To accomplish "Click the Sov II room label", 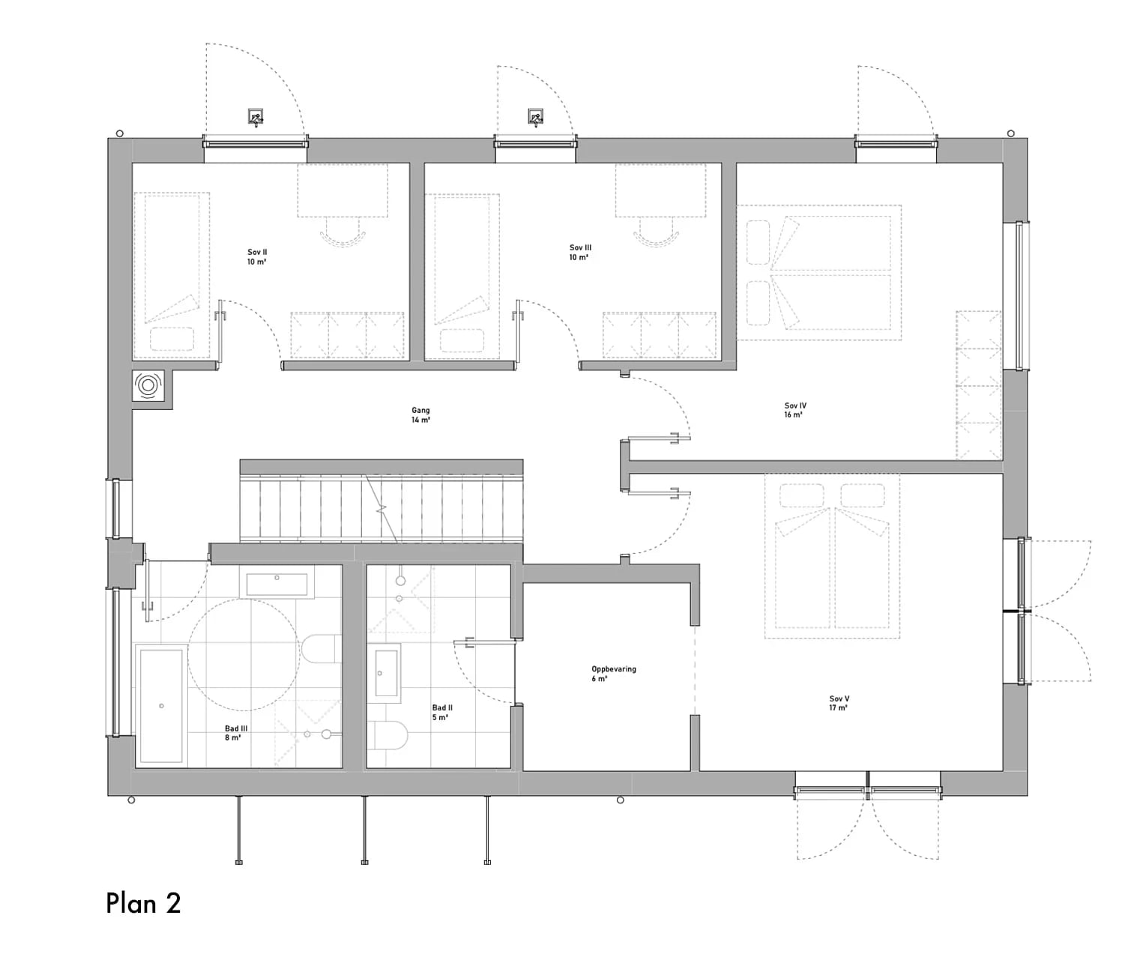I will pos(257,257).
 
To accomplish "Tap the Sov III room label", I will pos(580,253).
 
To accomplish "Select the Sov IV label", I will pos(794,410).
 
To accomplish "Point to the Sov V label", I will pos(839,703).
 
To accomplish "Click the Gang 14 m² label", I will pos(420,415).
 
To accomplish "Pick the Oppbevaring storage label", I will pos(613,674).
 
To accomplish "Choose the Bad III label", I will pos(235,733).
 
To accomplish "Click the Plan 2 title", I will pos(143,903).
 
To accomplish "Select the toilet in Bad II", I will pos(389,736).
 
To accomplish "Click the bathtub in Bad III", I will pos(161,706).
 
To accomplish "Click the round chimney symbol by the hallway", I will pos(148,386).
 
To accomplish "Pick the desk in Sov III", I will pos(661,191).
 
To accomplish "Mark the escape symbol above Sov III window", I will pos(535,117).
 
